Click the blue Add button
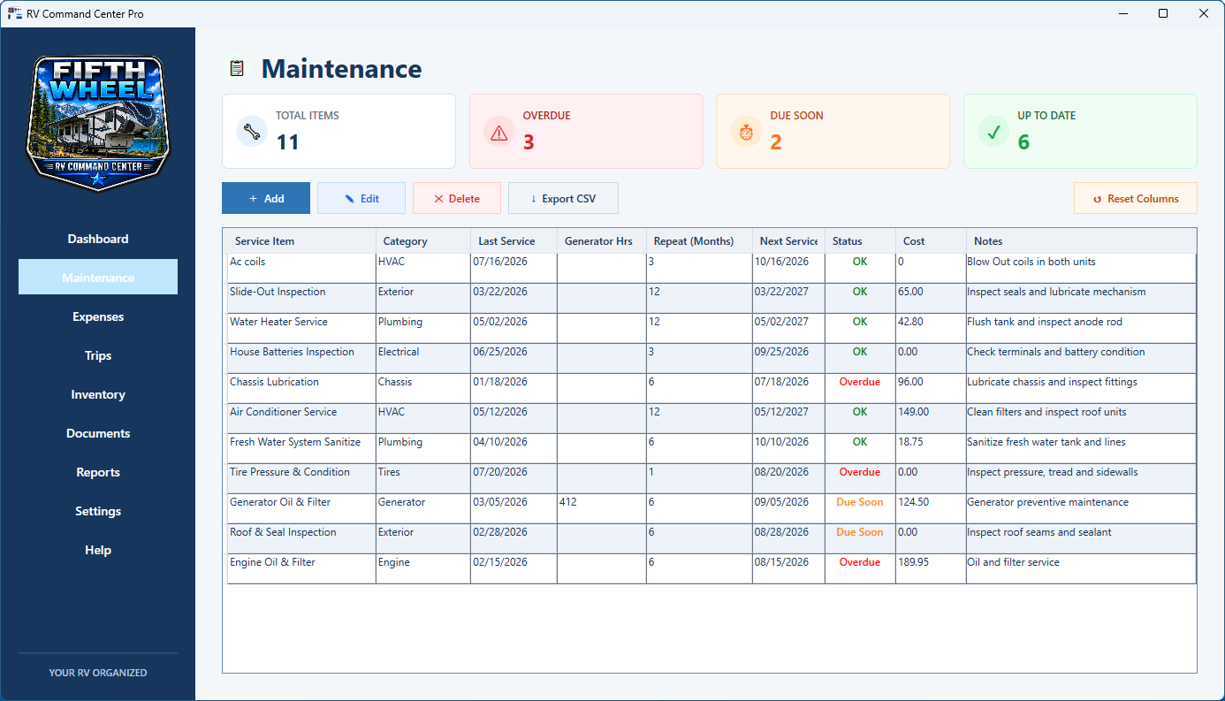pos(266,199)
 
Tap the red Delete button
pos(457,199)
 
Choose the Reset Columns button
pos(1136,199)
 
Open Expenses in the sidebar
pos(98,316)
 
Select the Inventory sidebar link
pos(98,394)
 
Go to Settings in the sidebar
pos(98,511)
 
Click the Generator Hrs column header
pos(598,241)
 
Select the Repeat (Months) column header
pos(694,241)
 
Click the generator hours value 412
pos(567,502)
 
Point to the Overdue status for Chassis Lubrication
pos(860,382)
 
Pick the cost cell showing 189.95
pos(913,562)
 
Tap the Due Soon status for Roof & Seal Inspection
pos(860,532)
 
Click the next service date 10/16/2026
pos(781,262)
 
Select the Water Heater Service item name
pos(278,322)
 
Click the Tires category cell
pos(389,472)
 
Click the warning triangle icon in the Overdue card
pos(498,133)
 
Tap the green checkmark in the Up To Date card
pos(993,132)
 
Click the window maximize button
pos(1163,13)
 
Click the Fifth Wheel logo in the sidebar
pos(98,124)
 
